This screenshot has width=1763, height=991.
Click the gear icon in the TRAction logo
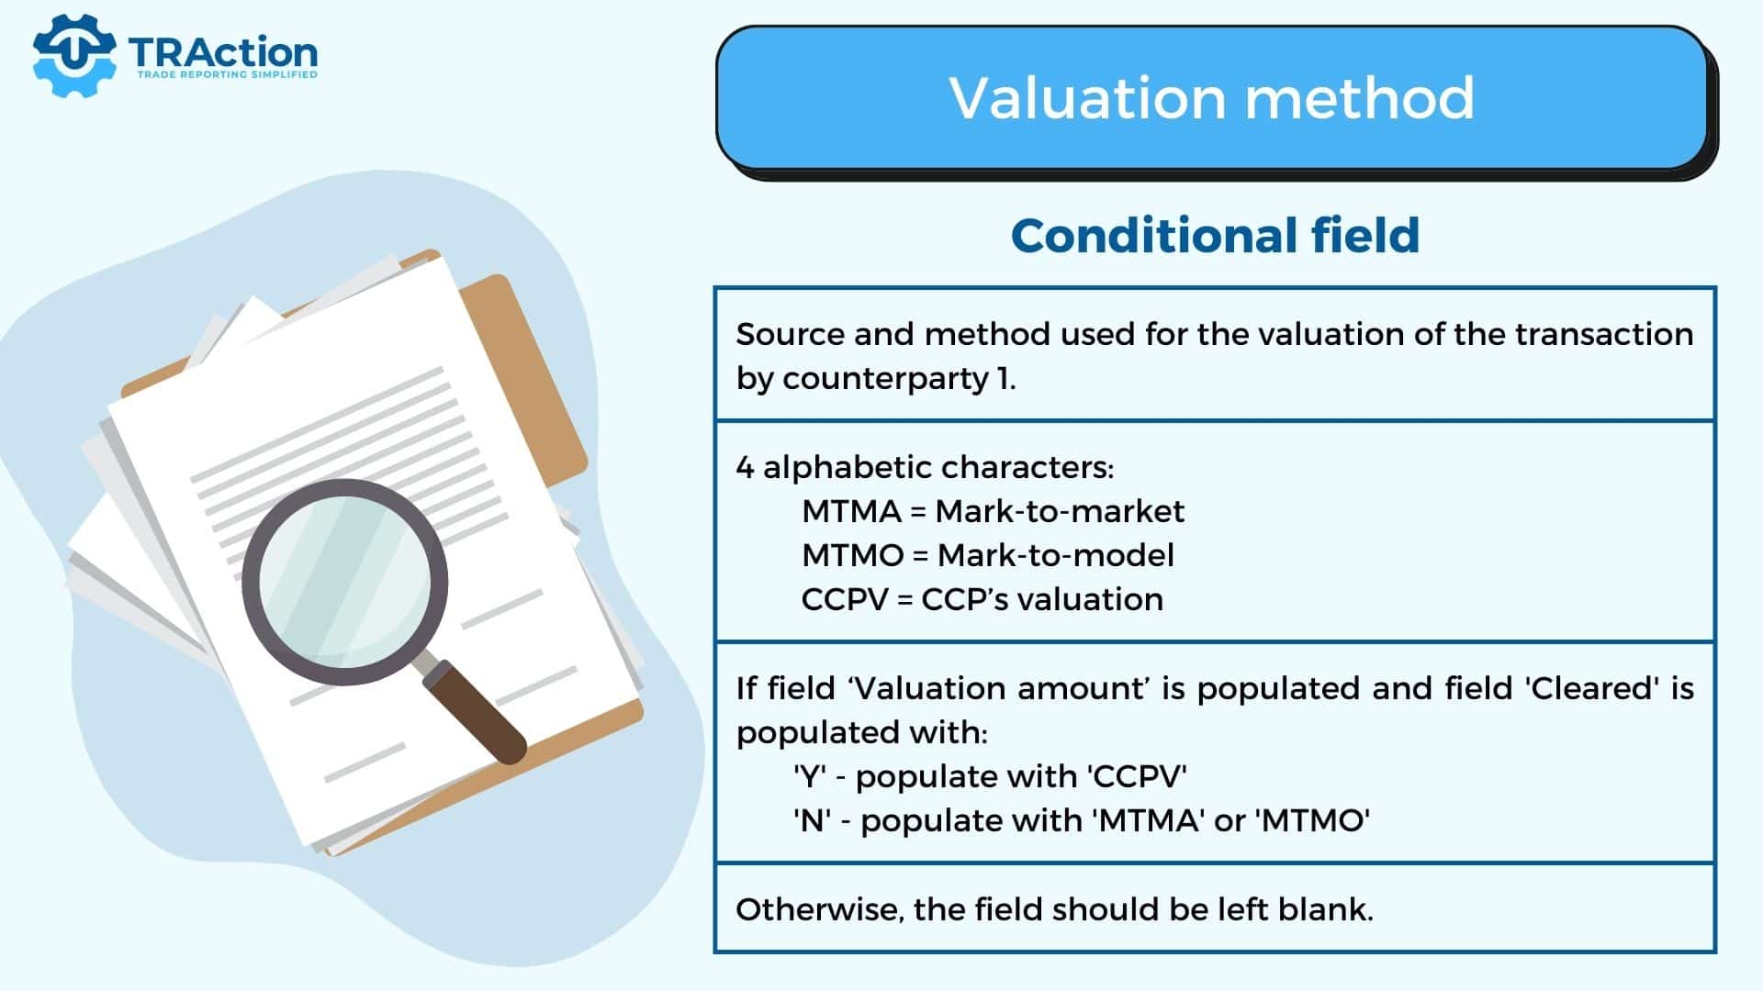tap(73, 55)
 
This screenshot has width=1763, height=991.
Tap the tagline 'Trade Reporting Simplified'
tap(227, 74)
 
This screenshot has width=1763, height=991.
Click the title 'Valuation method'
tap(1212, 97)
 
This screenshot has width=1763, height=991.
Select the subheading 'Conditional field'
tap(1215, 235)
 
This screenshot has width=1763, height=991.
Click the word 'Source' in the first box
tap(790, 334)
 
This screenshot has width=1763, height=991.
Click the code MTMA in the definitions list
tap(851, 511)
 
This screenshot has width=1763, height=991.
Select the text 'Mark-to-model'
tap(1056, 555)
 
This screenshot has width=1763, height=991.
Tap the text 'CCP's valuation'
tap(1042, 599)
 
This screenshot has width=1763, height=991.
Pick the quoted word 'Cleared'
tap(1592, 688)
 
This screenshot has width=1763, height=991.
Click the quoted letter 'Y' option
tap(808, 776)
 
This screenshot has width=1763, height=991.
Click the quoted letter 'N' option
tap(812, 820)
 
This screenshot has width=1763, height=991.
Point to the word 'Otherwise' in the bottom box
tap(820, 910)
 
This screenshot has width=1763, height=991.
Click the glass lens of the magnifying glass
tap(344, 582)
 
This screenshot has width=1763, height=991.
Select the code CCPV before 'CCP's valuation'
tap(845, 599)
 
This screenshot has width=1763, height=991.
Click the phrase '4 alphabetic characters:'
tap(925, 468)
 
